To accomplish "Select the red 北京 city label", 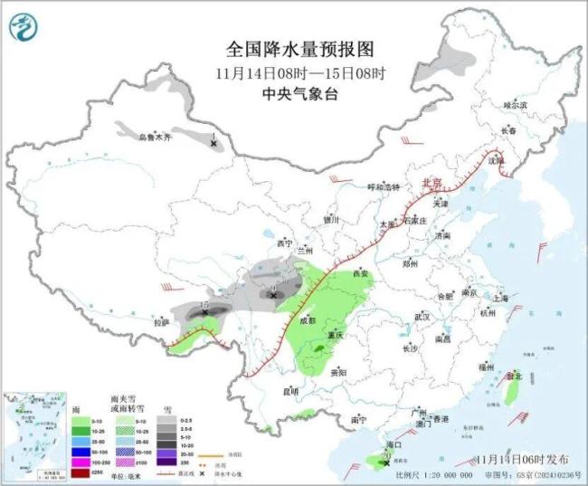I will pyautogui.click(x=432, y=183).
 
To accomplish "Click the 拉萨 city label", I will pyautogui.click(x=161, y=321).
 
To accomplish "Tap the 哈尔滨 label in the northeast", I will pyautogui.click(x=514, y=106).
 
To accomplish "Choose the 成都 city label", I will pyautogui.click(x=307, y=319).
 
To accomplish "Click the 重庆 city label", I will pyautogui.click(x=337, y=335).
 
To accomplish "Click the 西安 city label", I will pyautogui.click(x=361, y=273).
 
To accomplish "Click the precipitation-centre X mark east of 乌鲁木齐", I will pyautogui.click(x=213, y=143).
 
